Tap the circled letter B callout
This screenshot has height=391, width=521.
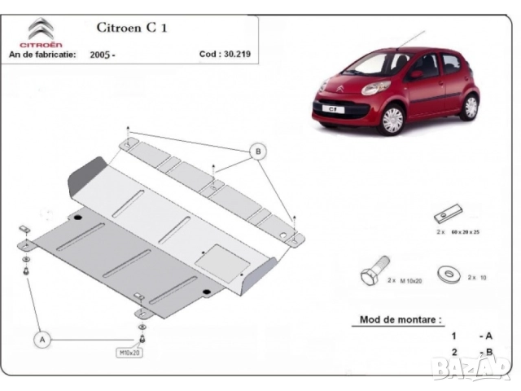click(x=257, y=152)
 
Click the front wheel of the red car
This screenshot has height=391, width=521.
click(x=392, y=119)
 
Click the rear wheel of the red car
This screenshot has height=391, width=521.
click(x=469, y=106)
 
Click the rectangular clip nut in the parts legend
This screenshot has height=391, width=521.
click(x=448, y=216)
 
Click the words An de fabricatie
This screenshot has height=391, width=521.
click(x=42, y=55)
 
